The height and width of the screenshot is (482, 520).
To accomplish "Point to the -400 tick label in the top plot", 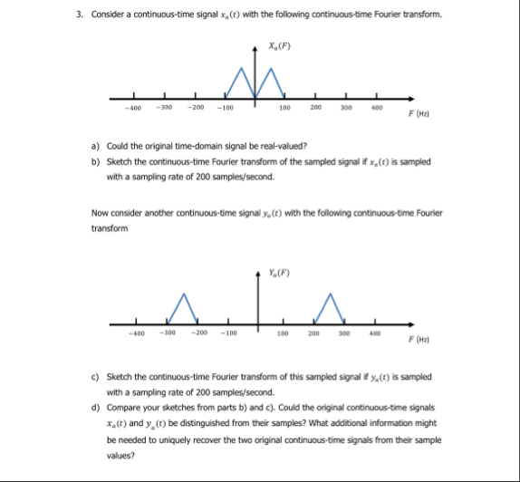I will [x=132, y=108].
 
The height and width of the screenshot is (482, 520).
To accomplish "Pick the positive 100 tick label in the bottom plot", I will [x=284, y=333].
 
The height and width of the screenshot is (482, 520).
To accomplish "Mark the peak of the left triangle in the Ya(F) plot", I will [x=185, y=294].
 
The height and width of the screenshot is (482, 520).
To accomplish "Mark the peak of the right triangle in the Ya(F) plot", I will [x=331, y=294].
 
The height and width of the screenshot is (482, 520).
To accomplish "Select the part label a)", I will [x=96, y=145].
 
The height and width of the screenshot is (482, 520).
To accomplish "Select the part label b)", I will [x=96, y=160].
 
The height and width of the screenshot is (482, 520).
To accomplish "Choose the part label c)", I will [x=96, y=375].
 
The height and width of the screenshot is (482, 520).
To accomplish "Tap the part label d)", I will [x=96, y=407].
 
